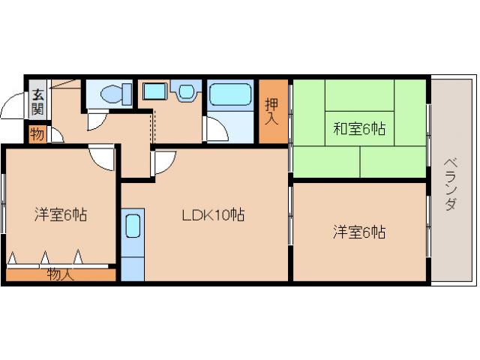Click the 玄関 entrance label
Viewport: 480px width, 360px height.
(37, 102)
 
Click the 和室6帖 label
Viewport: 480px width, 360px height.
(359, 129)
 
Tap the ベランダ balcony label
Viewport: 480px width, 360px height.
(449, 184)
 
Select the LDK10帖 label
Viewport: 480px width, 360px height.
(214, 215)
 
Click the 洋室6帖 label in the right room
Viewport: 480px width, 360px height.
(359, 232)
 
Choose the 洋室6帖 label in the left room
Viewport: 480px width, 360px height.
(60, 215)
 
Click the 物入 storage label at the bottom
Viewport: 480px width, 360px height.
(60, 274)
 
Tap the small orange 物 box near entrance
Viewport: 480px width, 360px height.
(36, 134)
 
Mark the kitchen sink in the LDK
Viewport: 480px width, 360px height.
(133, 226)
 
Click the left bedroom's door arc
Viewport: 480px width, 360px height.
(102, 157)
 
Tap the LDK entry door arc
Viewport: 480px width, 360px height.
(164, 160)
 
